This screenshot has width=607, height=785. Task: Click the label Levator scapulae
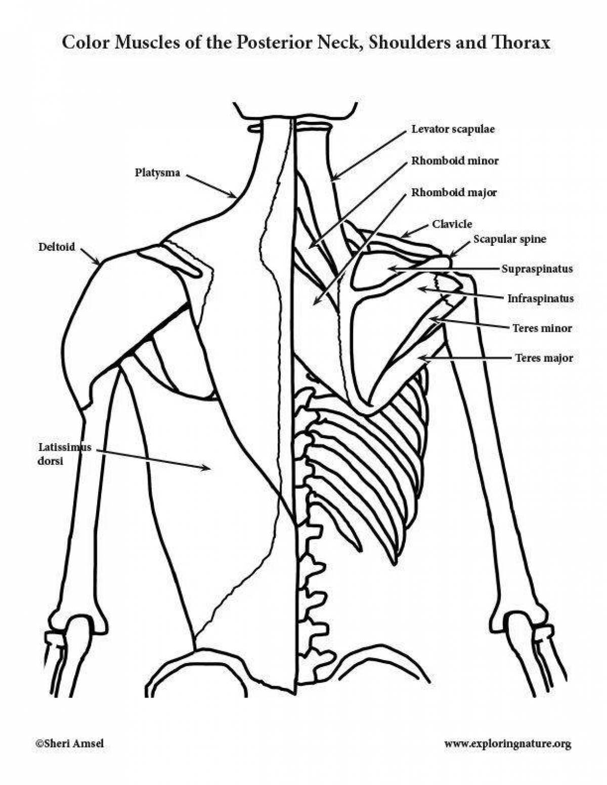[x=453, y=129]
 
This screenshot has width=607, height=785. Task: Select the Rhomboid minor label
[x=455, y=161]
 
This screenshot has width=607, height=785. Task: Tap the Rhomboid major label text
[x=454, y=193]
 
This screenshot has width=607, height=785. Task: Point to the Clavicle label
[x=452, y=224]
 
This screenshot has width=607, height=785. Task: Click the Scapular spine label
[x=509, y=239]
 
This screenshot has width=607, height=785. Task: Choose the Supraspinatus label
[x=537, y=269]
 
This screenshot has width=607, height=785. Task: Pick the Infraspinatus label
[x=540, y=299]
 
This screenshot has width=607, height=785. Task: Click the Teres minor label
[x=542, y=328]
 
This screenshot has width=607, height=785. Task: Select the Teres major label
[x=544, y=358]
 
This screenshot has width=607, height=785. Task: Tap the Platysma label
[x=157, y=173]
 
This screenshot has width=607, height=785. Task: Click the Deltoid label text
[x=57, y=247]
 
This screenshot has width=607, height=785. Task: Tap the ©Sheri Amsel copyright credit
[x=69, y=744]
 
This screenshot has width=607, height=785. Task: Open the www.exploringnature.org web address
[x=507, y=744]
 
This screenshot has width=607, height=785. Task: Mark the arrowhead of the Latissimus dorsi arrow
[x=208, y=468]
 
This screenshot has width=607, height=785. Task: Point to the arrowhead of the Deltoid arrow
[x=98, y=263]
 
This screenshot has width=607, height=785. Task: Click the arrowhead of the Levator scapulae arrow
[x=333, y=179]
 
